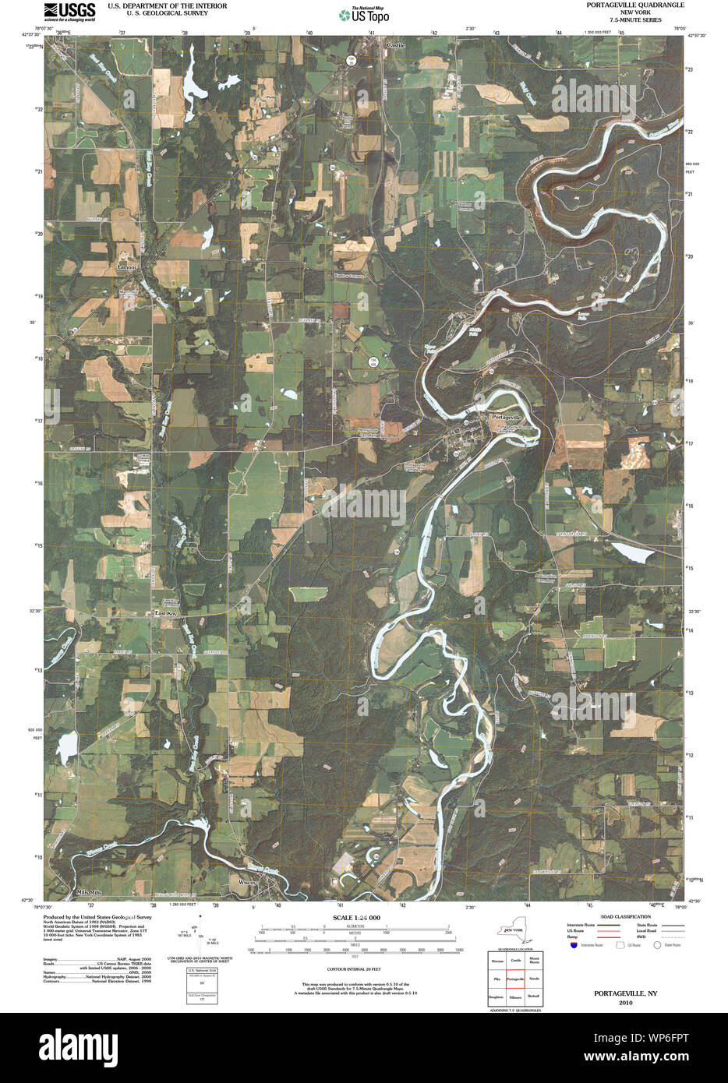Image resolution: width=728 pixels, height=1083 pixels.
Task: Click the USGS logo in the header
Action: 69,11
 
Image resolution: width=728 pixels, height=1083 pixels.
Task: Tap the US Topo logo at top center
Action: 364,14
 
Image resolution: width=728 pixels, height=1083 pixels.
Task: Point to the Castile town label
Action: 396,46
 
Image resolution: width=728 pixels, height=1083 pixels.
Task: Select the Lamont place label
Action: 127,267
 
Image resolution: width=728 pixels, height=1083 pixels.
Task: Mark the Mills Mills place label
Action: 89,891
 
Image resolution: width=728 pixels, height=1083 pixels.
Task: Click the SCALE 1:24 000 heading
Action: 355,918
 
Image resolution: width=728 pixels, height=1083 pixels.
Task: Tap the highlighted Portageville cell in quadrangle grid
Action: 515,977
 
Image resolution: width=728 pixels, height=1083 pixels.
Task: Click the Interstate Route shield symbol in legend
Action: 574,944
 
